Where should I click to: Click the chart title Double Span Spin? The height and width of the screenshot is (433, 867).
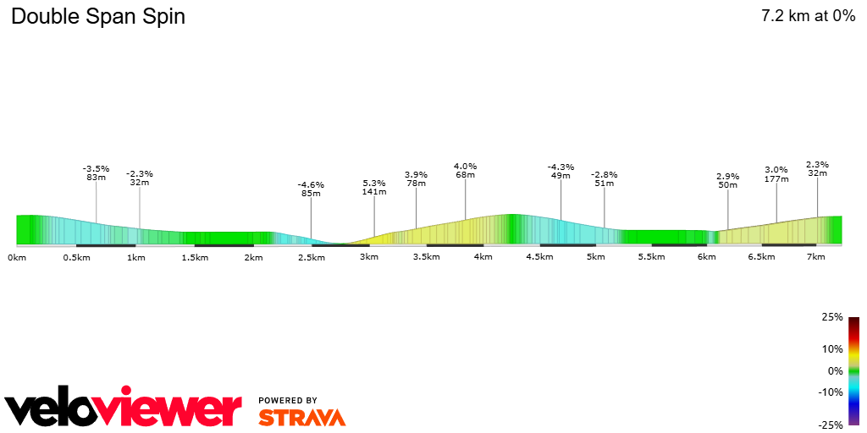click(x=98, y=17)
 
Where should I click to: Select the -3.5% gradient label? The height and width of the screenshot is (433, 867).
click(x=96, y=168)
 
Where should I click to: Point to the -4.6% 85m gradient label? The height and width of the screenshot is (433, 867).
click(x=311, y=189)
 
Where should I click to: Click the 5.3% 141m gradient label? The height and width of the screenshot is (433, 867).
click(x=374, y=187)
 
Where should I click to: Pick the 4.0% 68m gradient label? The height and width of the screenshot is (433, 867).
click(x=465, y=170)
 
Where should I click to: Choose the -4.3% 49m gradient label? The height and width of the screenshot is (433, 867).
click(x=561, y=171)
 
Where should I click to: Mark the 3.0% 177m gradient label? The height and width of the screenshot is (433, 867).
click(x=776, y=173)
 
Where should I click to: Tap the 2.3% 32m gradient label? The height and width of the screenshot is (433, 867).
click(x=817, y=168)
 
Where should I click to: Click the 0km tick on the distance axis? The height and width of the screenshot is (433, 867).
click(x=17, y=256)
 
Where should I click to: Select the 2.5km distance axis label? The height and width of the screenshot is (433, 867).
click(x=311, y=256)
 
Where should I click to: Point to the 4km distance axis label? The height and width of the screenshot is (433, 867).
click(x=483, y=256)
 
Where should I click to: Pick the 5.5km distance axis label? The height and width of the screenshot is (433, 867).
click(x=650, y=256)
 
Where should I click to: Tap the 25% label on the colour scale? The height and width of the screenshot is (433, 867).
click(x=832, y=317)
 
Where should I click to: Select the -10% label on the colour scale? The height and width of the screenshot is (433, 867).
click(x=831, y=392)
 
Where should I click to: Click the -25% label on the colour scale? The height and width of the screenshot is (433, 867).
click(x=831, y=425)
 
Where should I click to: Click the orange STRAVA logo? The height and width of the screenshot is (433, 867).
click(x=301, y=418)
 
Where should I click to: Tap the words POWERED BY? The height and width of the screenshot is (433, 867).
click(x=288, y=400)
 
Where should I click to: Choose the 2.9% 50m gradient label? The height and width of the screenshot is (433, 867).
click(x=727, y=180)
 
